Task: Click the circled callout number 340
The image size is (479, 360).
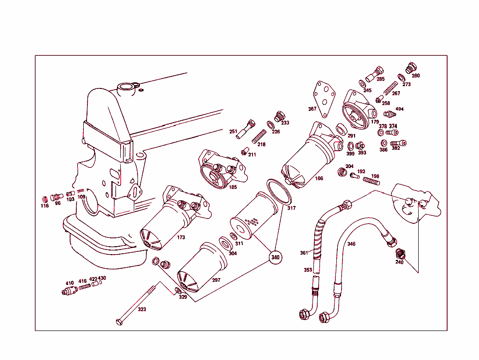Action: click(x=276, y=257)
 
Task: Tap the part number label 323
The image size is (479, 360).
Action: click(x=141, y=309)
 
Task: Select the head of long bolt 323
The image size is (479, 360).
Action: click(x=119, y=322)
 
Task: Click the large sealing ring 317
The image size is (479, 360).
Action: click(x=279, y=192)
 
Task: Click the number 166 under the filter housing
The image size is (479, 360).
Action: click(x=319, y=178)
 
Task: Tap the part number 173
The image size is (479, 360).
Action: click(x=181, y=237)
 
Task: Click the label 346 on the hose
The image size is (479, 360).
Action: click(x=351, y=244)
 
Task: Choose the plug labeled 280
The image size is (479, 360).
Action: click(x=411, y=68)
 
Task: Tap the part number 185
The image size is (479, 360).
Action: click(x=232, y=187)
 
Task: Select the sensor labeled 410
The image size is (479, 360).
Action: click(x=68, y=292)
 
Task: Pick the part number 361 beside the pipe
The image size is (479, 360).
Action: click(x=304, y=253)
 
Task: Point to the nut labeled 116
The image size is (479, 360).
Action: click(x=45, y=199)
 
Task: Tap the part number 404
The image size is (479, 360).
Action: click(x=399, y=109)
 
